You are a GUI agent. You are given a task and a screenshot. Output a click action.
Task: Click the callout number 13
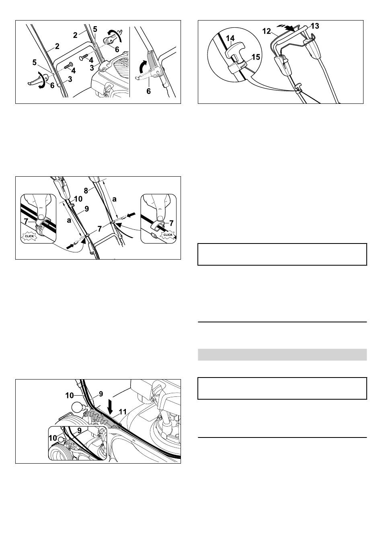pyautogui.click(x=315, y=26)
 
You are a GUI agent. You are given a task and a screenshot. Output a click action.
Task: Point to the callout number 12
pyautogui.click(x=267, y=31)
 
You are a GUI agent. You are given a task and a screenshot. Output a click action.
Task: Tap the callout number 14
pyautogui.click(x=230, y=38)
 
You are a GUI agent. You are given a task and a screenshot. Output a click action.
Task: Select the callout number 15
pyautogui.click(x=256, y=57)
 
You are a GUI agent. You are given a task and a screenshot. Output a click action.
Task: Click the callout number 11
pyautogui.click(x=123, y=412)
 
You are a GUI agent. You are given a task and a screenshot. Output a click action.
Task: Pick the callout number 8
pyautogui.click(x=86, y=191)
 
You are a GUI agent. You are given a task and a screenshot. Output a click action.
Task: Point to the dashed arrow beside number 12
pyautogui.click(x=286, y=27)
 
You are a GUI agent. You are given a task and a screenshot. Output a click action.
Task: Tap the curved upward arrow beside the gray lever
pyautogui.click(x=142, y=67)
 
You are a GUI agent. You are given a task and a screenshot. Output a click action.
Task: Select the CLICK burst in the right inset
pyautogui.click(x=168, y=235)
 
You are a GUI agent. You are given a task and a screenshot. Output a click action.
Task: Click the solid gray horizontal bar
pyautogui.click(x=282, y=355)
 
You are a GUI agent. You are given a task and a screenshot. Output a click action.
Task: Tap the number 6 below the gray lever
pyautogui.click(x=148, y=91)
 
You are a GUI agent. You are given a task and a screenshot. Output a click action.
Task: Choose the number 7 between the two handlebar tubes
pyautogui.click(x=99, y=229)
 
